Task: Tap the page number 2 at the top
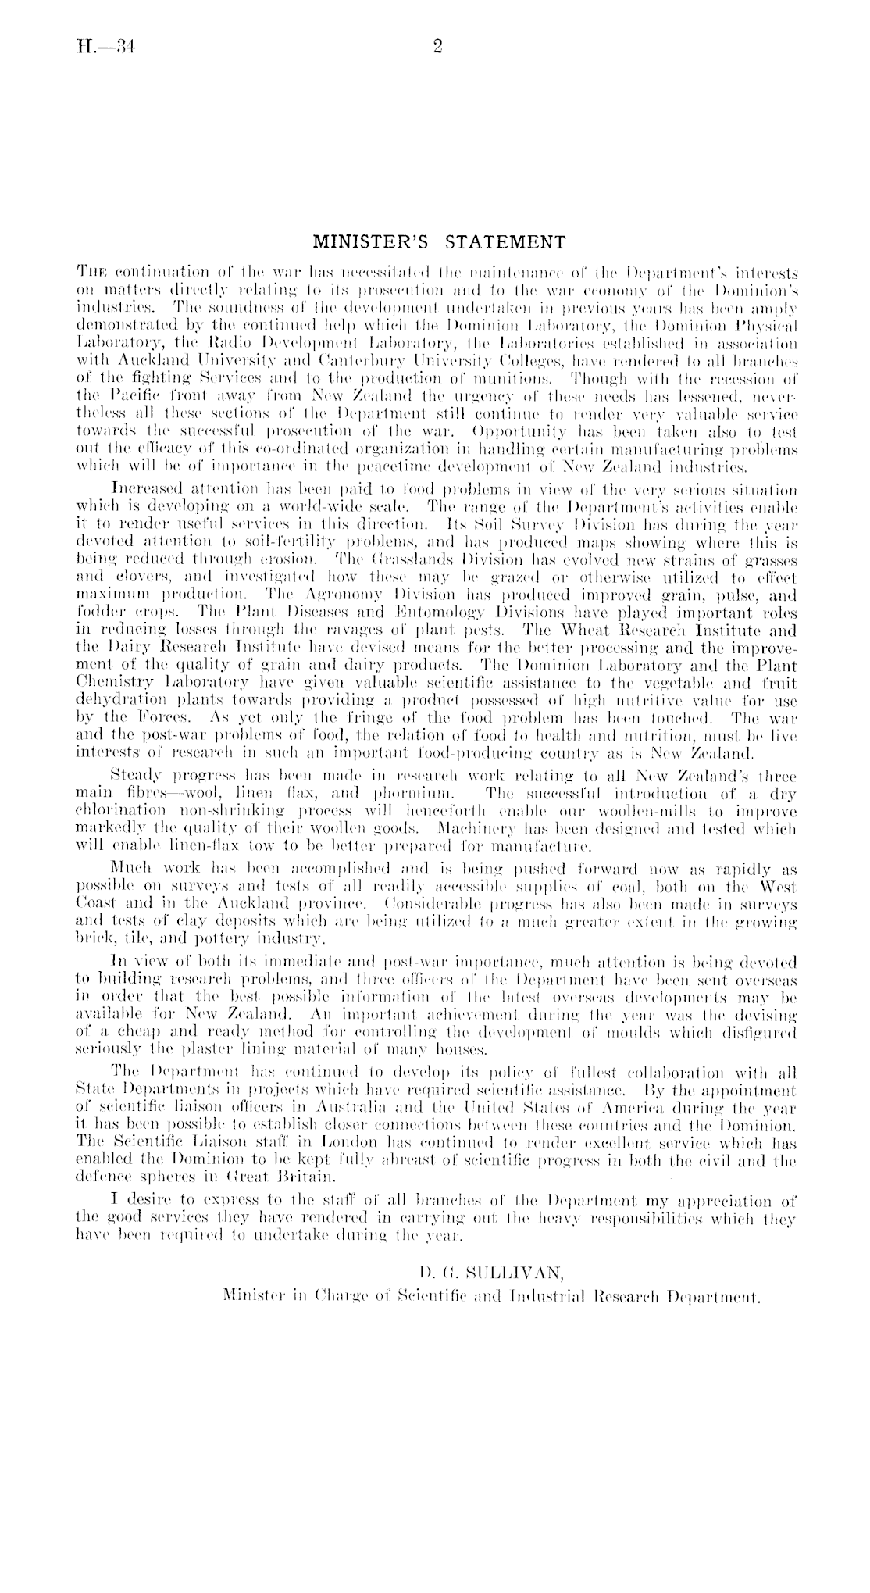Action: pyautogui.click(x=437, y=48)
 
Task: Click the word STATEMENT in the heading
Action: pyautogui.click(x=506, y=241)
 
